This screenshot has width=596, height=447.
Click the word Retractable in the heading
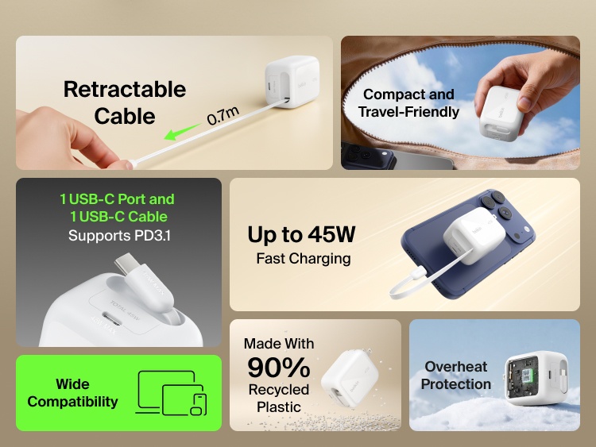(x=125, y=89)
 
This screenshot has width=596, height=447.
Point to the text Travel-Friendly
(x=408, y=112)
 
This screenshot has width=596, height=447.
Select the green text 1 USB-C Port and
(x=117, y=198)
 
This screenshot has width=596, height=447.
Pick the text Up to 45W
(x=301, y=234)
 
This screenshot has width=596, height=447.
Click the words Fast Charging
(x=303, y=258)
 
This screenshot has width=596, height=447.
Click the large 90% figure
(x=278, y=367)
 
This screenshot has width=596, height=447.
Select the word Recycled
(x=278, y=390)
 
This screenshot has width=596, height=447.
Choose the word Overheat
(x=456, y=367)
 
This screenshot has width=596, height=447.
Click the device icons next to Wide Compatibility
(x=173, y=393)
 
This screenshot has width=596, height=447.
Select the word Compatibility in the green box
(x=72, y=402)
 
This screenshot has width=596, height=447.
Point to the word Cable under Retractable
(x=125, y=116)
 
